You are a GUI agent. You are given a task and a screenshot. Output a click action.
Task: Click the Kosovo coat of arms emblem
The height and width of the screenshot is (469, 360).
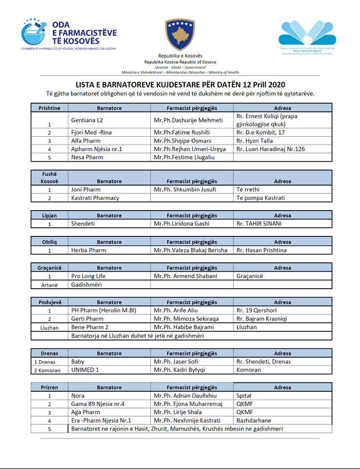(x=180, y=34)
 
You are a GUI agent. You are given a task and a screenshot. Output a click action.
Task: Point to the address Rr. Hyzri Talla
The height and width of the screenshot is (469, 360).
(x=254, y=141)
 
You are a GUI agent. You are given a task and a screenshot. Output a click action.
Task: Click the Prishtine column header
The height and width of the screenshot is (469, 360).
(x=49, y=108)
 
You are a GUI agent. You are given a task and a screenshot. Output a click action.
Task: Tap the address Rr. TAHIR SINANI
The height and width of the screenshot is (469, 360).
(x=259, y=224)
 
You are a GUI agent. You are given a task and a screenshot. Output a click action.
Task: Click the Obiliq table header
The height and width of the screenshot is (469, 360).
(x=49, y=242)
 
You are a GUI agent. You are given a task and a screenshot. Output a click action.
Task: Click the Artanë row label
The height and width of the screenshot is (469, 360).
(x=49, y=285)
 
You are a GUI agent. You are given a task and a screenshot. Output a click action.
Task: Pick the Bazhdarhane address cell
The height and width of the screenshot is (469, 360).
(x=254, y=420)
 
